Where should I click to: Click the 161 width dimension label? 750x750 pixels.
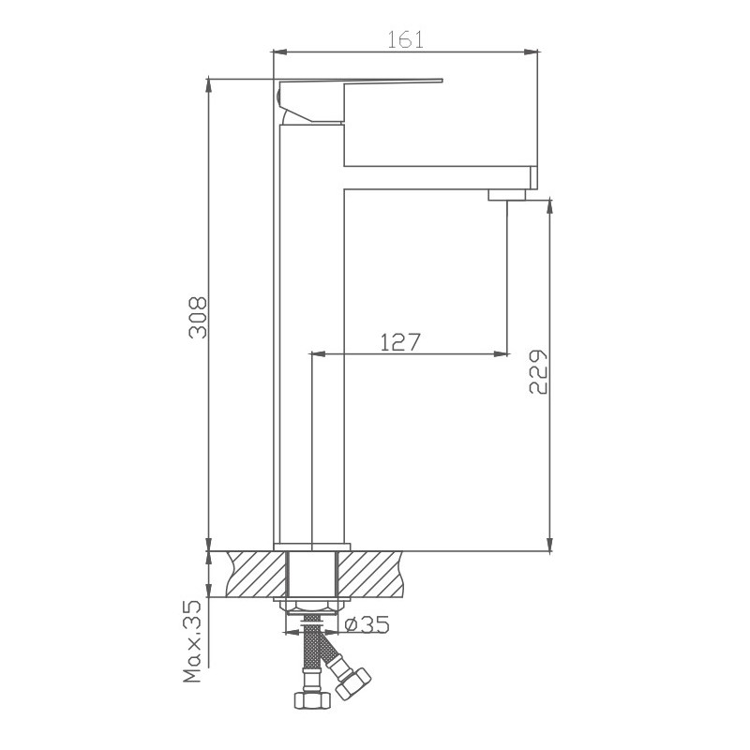405,38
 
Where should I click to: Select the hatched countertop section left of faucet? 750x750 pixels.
251,574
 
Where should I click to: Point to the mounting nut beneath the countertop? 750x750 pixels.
312,606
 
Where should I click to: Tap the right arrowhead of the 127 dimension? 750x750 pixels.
502,354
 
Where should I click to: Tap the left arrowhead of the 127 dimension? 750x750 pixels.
317,354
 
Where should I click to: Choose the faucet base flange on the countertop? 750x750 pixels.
312,547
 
